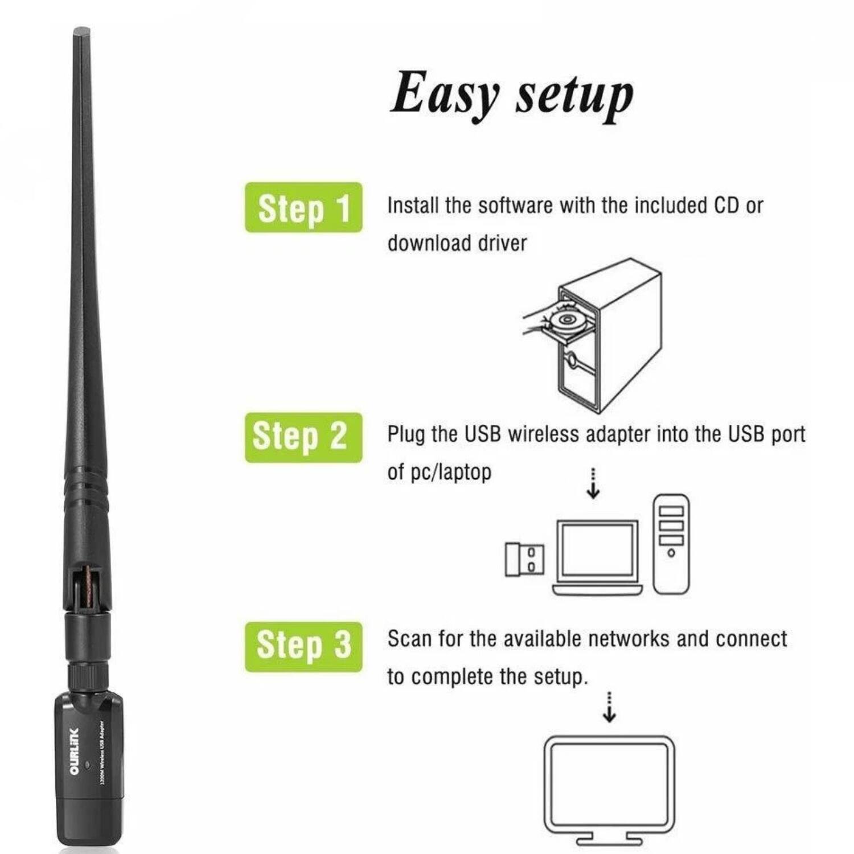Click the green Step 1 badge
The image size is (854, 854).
pos(303,207)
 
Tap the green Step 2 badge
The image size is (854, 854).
pos(303,437)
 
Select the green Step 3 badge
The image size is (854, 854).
pos(303,646)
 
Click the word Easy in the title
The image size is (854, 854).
pos(444,94)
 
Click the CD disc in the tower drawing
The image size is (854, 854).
pos(565,319)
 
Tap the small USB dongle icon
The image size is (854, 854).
pos(524,559)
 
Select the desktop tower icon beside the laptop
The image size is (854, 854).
pos(671,544)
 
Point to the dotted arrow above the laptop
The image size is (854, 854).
pos(593,484)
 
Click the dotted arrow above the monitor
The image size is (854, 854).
pos(609,708)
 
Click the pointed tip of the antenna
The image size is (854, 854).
pos(81,31)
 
